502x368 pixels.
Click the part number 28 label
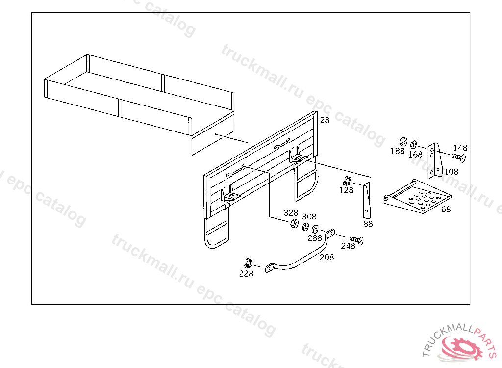(325, 120)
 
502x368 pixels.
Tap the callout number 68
(446, 210)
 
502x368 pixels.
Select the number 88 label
(368, 224)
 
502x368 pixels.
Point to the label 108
(452, 172)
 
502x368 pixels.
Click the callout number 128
(347, 190)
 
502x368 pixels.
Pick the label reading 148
(460, 148)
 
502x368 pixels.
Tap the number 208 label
(327, 257)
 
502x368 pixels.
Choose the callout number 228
(246, 273)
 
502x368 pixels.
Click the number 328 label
(291, 213)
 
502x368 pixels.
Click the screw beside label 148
(459, 157)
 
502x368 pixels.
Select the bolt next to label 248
(356, 240)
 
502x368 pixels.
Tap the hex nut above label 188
(403, 141)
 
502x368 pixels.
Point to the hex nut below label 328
(294, 223)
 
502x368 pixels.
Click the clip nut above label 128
(347, 181)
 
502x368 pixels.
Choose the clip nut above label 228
(249, 263)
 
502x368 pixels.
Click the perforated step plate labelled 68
(418, 196)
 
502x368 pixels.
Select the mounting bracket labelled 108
(435, 160)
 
